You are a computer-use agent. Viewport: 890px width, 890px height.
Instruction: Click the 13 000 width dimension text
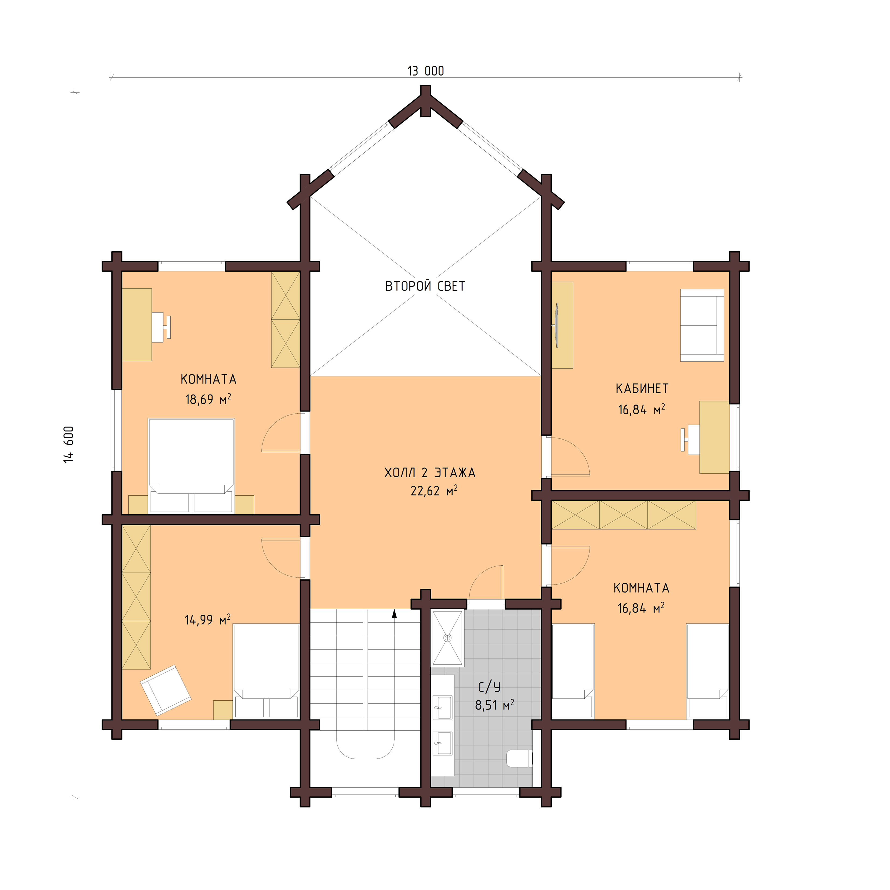(x=425, y=71)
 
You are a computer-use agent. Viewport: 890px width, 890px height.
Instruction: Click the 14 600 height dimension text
(x=69, y=444)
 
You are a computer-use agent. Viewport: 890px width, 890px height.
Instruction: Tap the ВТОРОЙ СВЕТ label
(x=425, y=286)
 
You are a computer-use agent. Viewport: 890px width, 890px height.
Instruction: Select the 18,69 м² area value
(x=208, y=399)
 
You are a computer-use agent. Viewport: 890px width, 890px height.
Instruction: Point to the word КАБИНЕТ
(x=642, y=388)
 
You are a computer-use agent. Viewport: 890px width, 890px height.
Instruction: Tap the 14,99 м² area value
(x=207, y=619)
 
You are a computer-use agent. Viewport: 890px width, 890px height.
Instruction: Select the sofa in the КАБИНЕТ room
(x=701, y=325)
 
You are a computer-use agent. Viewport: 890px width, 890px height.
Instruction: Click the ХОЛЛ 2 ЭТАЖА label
(x=429, y=472)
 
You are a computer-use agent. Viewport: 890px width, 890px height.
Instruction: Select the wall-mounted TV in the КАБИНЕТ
(x=556, y=325)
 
